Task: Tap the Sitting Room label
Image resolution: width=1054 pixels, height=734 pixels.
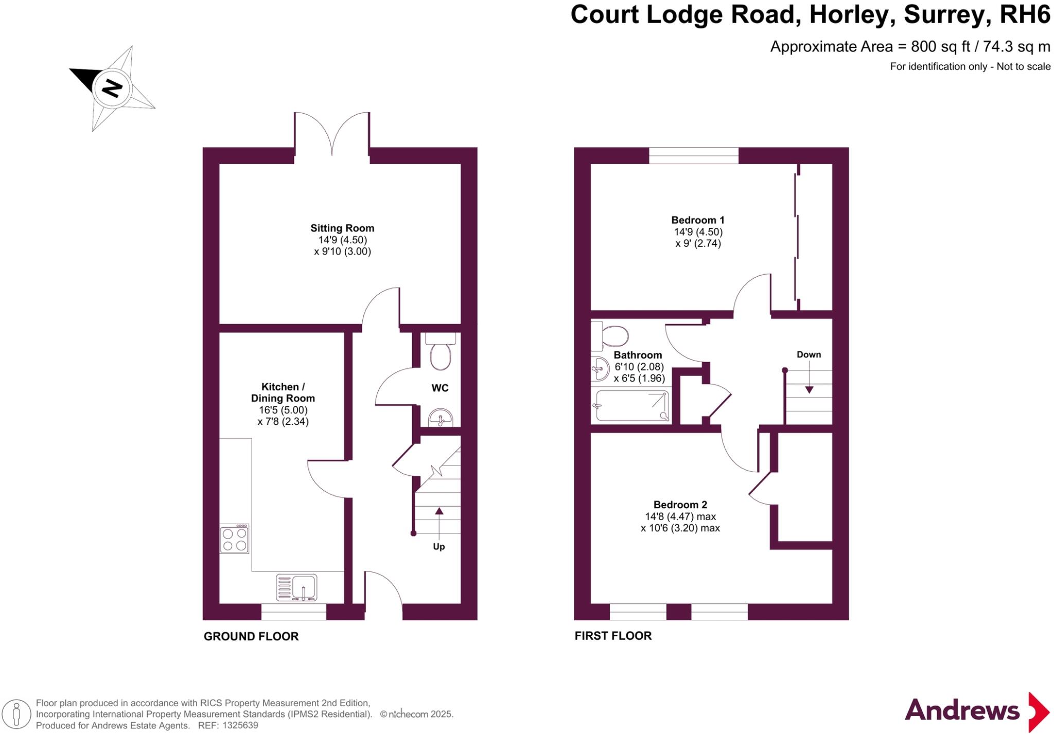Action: (x=342, y=228)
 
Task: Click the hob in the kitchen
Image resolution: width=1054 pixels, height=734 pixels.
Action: (x=235, y=539)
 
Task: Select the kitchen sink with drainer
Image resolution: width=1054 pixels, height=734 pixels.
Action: (x=297, y=587)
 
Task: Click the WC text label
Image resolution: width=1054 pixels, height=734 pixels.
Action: (x=440, y=388)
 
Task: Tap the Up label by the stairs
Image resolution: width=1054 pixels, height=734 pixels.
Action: (x=438, y=546)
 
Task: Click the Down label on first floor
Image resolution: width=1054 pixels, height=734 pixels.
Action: (x=809, y=354)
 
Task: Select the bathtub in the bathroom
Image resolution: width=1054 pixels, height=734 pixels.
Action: (x=631, y=406)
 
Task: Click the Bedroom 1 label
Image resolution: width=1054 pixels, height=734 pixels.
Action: (x=697, y=220)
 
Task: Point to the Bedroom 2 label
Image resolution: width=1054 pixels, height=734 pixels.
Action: (x=680, y=505)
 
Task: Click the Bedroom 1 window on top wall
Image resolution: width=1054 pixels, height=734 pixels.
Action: (x=693, y=155)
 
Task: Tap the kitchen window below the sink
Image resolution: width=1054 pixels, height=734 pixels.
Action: (x=293, y=612)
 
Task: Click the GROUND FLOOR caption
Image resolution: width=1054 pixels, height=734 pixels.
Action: (x=251, y=636)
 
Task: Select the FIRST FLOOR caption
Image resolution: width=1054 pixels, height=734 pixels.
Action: (x=613, y=636)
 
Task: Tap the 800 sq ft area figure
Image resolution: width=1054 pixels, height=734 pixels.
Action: (x=940, y=47)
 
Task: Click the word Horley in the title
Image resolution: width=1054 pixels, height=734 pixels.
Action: (x=849, y=14)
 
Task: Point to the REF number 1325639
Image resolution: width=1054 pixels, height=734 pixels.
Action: (x=239, y=726)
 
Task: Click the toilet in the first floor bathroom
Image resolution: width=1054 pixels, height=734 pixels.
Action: (x=612, y=336)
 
